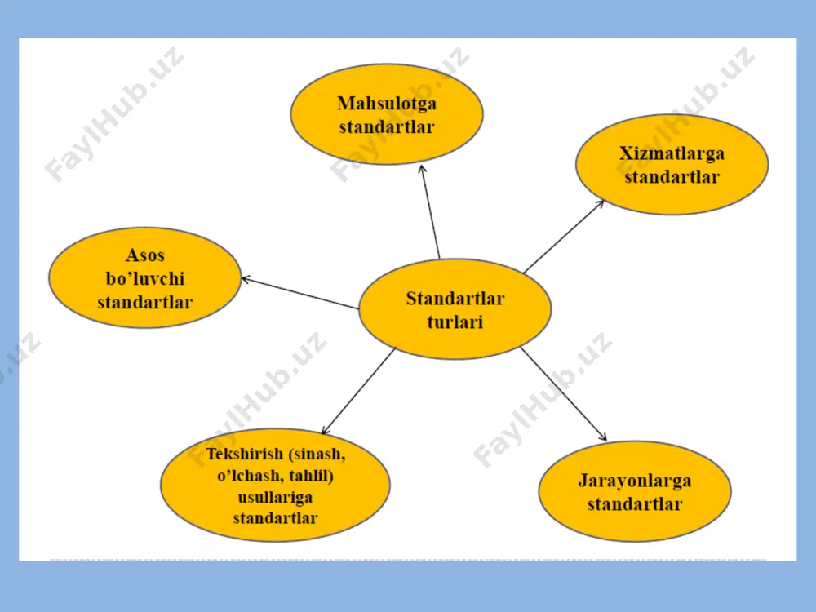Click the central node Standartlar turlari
[x=455, y=308]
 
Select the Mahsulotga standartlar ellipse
[x=387, y=114]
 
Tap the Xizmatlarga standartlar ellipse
[x=672, y=165]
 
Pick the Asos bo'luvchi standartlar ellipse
[x=145, y=277]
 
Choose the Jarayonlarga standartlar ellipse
[x=635, y=491]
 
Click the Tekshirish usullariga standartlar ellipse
[x=275, y=485]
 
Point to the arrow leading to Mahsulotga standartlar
[x=430, y=212]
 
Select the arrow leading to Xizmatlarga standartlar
[x=564, y=237]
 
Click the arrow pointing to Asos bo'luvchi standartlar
[x=300, y=294]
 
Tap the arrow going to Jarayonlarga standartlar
[x=564, y=394]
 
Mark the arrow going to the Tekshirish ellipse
[x=358, y=391]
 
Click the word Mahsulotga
[x=387, y=104]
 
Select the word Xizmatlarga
[x=672, y=153]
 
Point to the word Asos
[x=145, y=255]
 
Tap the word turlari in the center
[x=455, y=322]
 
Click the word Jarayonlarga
[x=635, y=481]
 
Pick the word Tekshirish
[x=245, y=454]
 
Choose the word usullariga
[x=275, y=498]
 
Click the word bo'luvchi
[x=145, y=278]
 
